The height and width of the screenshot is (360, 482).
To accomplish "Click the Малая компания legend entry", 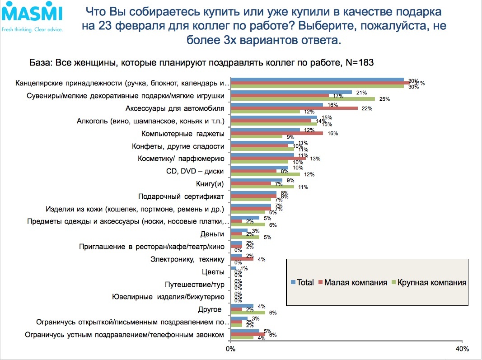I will click(353, 282).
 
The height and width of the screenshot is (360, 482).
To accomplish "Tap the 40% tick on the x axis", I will click(462, 349).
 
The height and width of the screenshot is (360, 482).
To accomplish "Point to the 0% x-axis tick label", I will click(231, 349).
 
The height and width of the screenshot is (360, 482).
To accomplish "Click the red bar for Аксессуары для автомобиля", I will click(294, 108).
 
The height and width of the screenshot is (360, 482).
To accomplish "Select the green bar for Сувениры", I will click(303, 98).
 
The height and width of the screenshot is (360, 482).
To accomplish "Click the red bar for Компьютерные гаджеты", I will click(277, 133).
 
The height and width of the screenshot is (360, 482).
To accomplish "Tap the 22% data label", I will click(367, 108).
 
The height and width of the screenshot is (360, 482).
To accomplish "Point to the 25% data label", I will click(384, 98).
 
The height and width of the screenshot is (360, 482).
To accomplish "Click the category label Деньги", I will click(212, 234).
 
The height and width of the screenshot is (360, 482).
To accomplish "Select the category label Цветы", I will click(213, 272).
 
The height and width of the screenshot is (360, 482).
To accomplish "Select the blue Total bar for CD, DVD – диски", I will click(260, 168).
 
